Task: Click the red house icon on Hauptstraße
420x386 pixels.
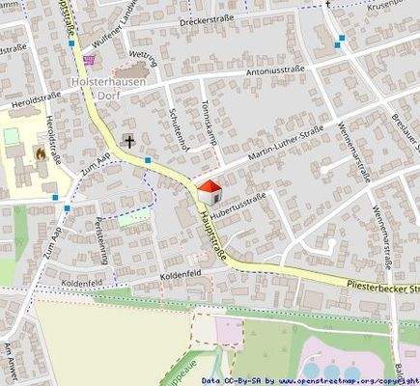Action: click(x=209, y=189)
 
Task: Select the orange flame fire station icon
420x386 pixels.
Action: click(x=40, y=152)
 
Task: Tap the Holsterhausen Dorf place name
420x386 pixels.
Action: click(x=108, y=90)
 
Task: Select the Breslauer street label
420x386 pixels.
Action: click(x=401, y=127)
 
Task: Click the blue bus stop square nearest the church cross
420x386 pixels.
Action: click(x=148, y=160)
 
